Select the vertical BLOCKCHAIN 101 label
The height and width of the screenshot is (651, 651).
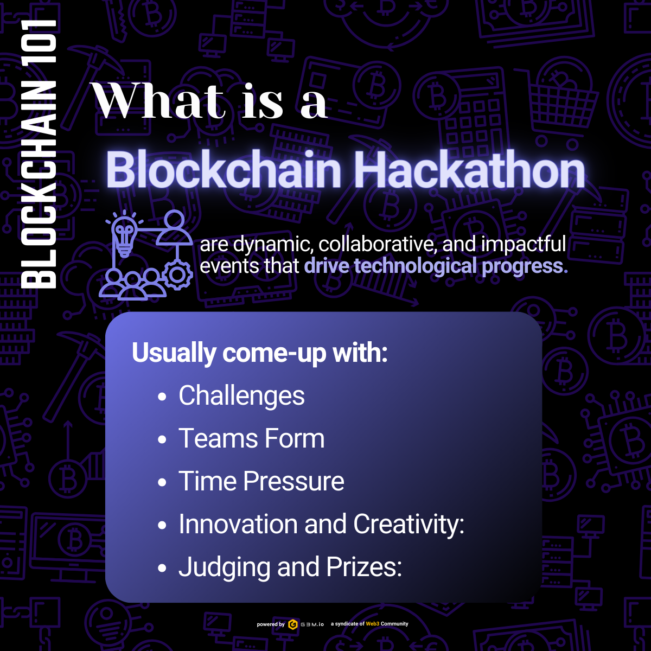point(38,154)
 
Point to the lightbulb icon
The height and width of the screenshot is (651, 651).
point(124,234)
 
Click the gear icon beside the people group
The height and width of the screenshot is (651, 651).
point(177,275)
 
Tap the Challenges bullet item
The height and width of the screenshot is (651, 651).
point(241,395)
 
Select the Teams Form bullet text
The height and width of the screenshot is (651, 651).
point(251,438)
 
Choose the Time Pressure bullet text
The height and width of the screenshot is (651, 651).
point(261,481)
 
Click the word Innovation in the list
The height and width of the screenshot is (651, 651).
point(238,524)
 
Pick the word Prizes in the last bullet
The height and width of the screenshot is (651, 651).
point(364,567)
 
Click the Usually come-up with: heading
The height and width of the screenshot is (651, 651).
point(259,353)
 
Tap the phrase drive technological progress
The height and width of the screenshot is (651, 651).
point(436,266)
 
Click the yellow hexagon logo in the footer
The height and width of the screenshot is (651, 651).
point(293,624)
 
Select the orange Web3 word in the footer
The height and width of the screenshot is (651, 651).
point(373,624)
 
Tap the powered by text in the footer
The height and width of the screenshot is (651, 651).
point(271,624)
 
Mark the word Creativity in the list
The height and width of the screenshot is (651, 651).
point(409,525)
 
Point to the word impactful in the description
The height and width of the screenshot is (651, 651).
point(524,244)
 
